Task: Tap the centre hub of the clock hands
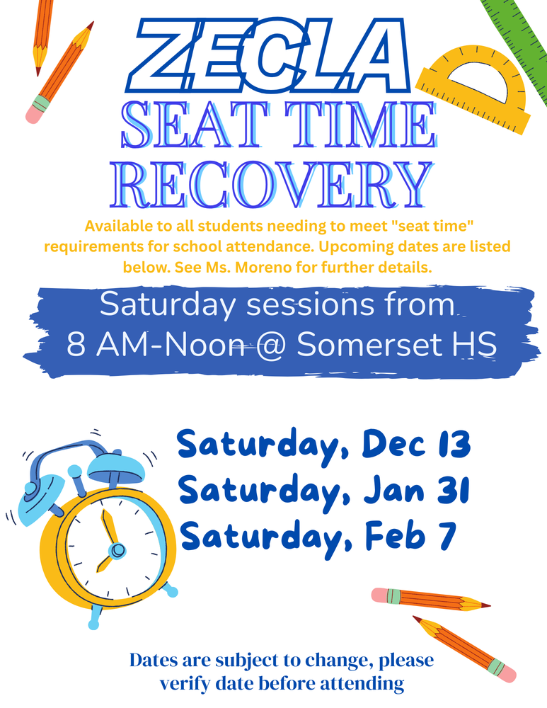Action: pyautogui.click(x=117, y=550)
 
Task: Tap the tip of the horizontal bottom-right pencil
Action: pyautogui.click(x=488, y=606)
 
